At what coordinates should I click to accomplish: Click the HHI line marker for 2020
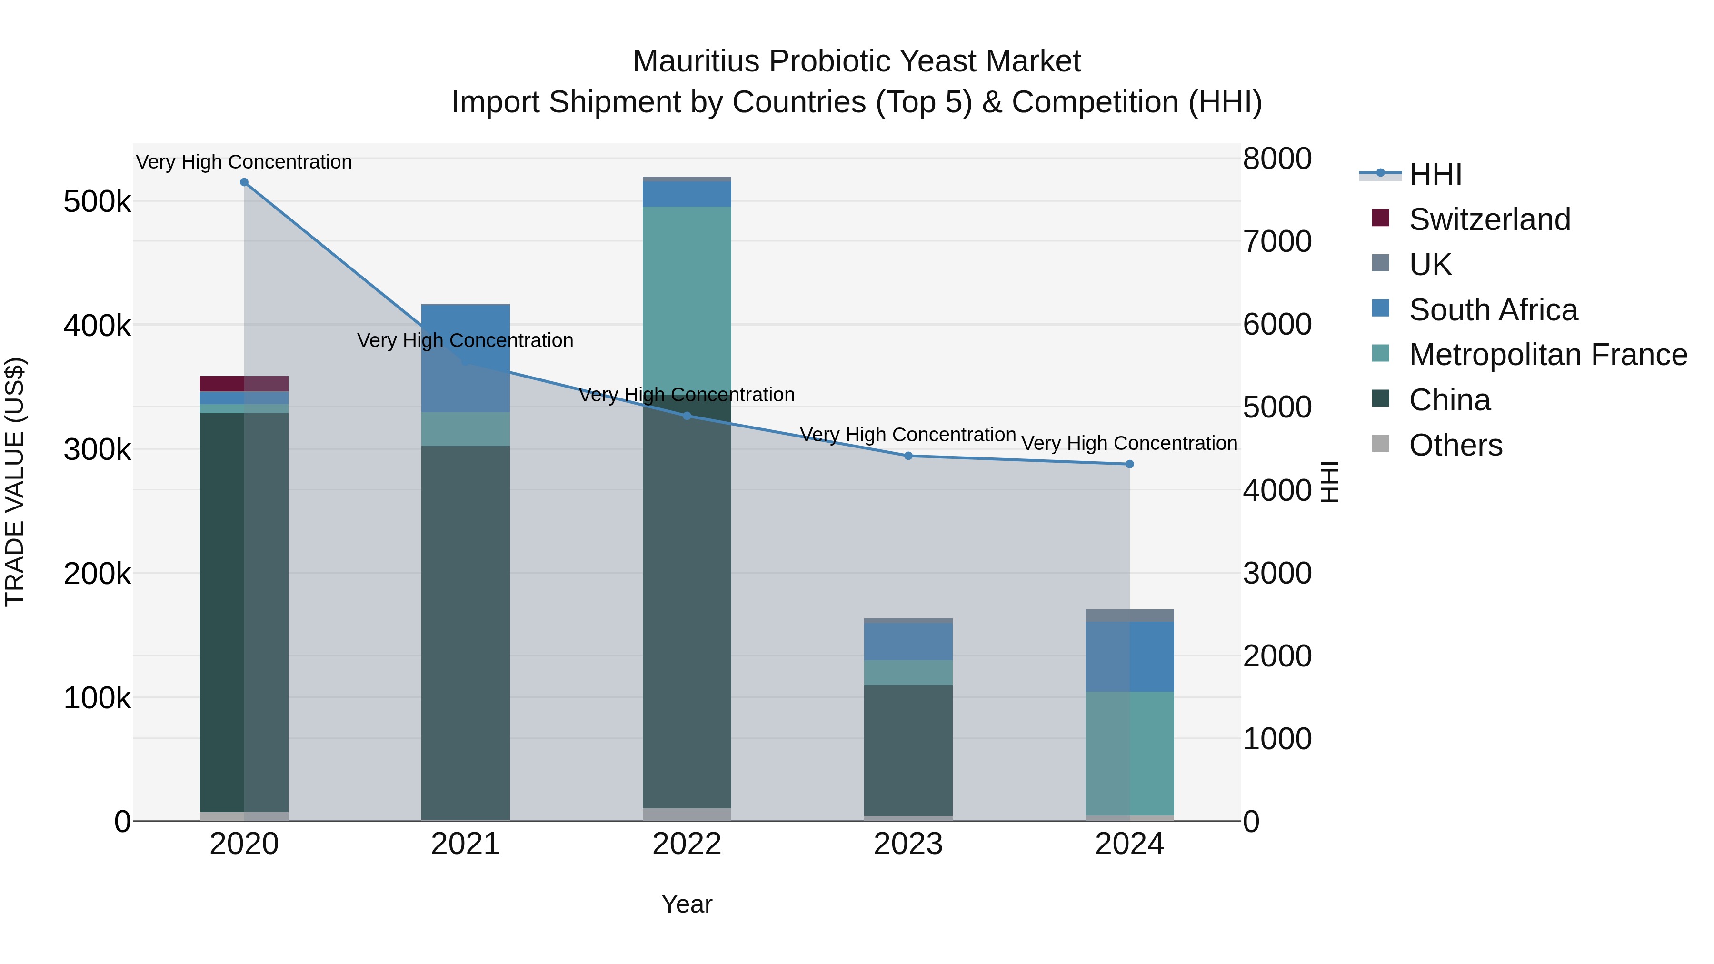pos(244,182)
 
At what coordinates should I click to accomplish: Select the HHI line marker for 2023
pos(908,456)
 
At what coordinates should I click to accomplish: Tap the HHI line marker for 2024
pos(1129,464)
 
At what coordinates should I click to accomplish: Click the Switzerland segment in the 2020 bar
pos(244,384)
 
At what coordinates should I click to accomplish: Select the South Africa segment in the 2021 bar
pos(466,358)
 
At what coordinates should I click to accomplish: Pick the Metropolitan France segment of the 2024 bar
pos(1129,753)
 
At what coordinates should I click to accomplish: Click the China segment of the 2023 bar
pos(908,750)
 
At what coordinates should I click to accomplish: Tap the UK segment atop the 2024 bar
pos(1129,616)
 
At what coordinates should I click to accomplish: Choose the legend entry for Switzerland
pos(1489,219)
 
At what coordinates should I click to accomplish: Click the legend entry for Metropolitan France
pos(1548,355)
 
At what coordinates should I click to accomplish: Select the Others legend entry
pos(1455,445)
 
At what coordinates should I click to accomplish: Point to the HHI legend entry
pos(1435,174)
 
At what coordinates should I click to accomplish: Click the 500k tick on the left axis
pos(97,201)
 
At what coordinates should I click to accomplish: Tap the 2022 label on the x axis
pos(687,844)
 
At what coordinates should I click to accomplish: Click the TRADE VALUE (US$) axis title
pos(15,482)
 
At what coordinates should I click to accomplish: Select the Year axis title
pos(687,904)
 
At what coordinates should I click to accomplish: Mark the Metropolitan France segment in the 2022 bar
pos(687,299)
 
